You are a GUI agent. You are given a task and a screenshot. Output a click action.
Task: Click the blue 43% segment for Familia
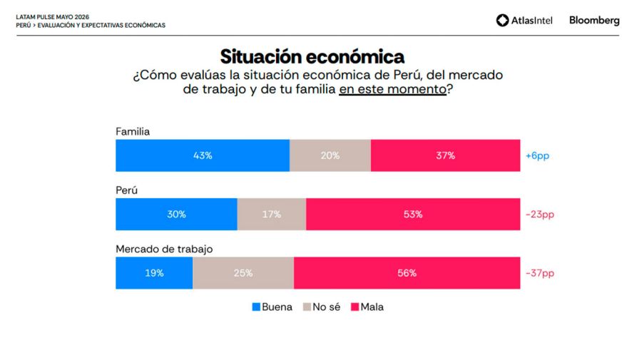[203, 155]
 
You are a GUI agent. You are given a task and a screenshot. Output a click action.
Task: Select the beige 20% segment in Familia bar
[330, 155]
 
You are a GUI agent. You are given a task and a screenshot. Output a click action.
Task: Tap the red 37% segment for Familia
[445, 155]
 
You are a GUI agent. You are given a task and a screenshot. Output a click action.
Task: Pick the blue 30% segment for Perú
[176, 215]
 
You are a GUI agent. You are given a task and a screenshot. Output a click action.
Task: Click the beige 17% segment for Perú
[272, 215]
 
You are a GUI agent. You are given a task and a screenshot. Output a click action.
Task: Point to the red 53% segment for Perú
[413, 215]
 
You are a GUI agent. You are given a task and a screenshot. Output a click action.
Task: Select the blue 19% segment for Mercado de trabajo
[154, 273]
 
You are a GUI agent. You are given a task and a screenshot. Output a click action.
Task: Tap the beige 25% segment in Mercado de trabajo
[243, 273]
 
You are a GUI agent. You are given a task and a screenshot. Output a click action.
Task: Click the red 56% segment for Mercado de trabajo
[407, 273]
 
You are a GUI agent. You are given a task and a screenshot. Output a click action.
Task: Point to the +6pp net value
[537, 156]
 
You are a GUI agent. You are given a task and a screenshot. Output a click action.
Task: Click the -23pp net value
[540, 215]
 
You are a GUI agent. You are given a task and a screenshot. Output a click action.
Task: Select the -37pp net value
[540, 273]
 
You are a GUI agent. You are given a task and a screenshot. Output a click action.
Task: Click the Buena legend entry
[272, 307]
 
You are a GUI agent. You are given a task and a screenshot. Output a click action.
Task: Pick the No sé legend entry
[322, 307]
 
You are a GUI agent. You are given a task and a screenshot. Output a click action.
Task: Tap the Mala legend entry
[367, 307]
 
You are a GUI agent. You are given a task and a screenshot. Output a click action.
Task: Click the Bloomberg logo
[594, 21]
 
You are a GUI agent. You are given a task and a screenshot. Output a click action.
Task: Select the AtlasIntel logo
[524, 20]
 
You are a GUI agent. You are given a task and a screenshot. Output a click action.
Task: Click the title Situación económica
[312, 56]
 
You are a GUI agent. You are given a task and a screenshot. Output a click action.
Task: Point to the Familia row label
[133, 131]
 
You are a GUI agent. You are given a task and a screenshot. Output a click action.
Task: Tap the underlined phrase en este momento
[392, 89]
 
